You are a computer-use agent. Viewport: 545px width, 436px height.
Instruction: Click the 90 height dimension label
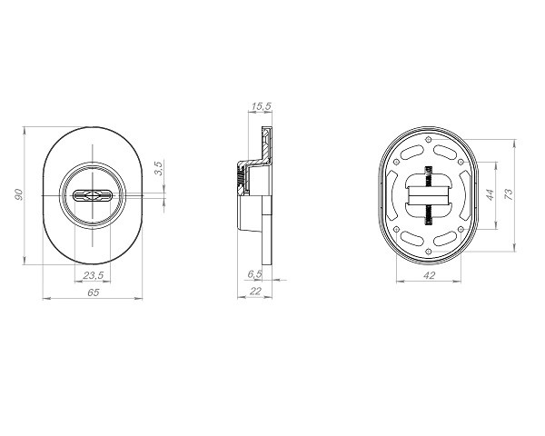pyautogui.click(x=19, y=194)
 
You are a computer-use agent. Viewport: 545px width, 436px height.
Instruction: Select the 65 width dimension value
pyautogui.click(x=94, y=292)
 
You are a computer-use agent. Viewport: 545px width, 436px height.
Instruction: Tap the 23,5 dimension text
pyautogui.click(x=94, y=275)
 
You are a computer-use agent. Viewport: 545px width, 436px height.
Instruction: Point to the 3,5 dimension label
pyautogui.click(x=158, y=168)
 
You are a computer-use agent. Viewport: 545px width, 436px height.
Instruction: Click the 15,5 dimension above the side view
pyautogui.click(x=261, y=106)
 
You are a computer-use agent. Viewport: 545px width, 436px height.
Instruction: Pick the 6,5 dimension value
pyautogui.click(x=254, y=274)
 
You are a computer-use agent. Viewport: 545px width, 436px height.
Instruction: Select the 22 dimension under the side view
pyautogui.click(x=255, y=291)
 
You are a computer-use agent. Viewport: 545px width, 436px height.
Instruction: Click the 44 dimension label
pyautogui.click(x=490, y=194)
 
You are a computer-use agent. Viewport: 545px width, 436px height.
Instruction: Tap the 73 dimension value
pyautogui.click(x=508, y=194)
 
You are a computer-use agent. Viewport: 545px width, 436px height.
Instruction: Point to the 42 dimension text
pyautogui.click(x=430, y=275)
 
